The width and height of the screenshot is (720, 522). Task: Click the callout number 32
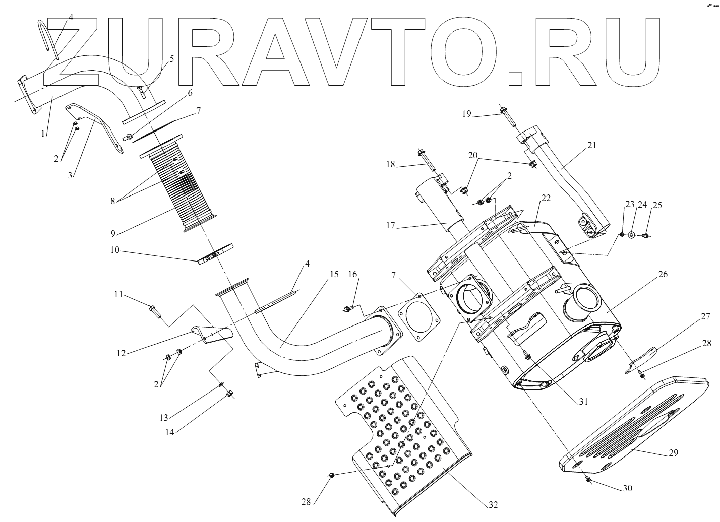493,504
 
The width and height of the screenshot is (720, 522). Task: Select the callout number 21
591,145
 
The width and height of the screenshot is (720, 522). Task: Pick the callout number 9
114,233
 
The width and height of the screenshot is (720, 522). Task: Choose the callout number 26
662,274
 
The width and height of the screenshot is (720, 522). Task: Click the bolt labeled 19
505,115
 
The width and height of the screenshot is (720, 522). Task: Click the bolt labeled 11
154,311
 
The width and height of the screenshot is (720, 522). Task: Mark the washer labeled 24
631,235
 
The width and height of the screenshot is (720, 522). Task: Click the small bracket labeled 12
212,334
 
